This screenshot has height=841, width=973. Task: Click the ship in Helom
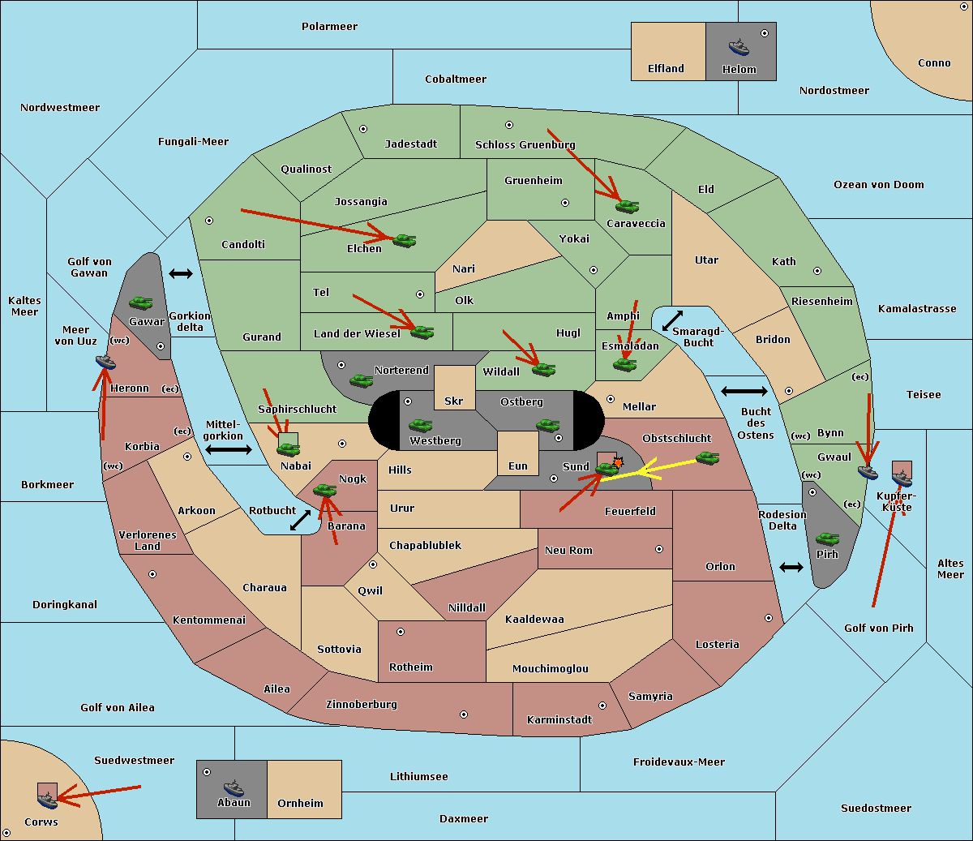click(739, 48)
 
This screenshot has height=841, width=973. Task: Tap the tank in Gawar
click(141, 303)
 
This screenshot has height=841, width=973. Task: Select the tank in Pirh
click(827, 538)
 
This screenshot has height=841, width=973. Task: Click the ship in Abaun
click(234, 788)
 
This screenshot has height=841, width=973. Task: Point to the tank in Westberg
click(420, 425)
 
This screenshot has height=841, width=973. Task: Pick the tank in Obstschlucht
click(708, 457)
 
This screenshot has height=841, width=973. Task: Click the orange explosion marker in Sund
click(618, 462)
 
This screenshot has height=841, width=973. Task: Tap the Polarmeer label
click(329, 27)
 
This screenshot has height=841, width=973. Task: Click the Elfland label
click(666, 69)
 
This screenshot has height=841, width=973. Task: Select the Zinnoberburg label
click(362, 705)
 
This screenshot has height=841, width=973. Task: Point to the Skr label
click(454, 401)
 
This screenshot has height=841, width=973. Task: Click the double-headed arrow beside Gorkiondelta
click(181, 273)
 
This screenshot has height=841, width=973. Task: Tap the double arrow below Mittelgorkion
click(229, 449)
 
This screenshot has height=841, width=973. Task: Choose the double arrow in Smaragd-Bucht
click(672, 320)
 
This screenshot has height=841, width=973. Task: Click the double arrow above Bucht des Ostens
click(744, 391)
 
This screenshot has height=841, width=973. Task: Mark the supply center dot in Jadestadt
click(363, 129)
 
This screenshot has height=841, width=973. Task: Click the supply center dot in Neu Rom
click(659, 549)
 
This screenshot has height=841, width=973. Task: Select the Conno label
click(934, 63)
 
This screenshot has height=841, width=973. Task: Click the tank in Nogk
click(325, 491)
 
